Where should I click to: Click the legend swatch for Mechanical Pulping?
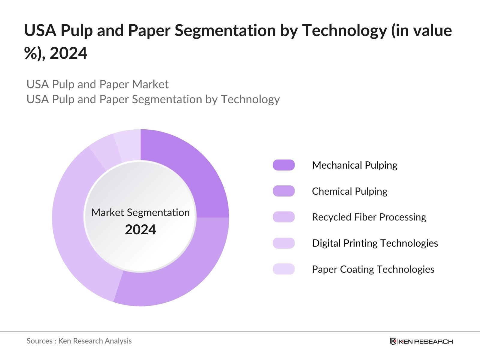pyautogui.click(x=283, y=165)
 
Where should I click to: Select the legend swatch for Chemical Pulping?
pyautogui.click(x=283, y=191)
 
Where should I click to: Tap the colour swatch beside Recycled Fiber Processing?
pyautogui.click(x=283, y=217)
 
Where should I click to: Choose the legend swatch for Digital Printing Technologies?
pyautogui.click(x=283, y=243)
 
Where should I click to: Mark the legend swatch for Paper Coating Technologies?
pyautogui.click(x=283, y=269)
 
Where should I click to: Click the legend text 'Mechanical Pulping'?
pyautogui.click(x=355, y=165)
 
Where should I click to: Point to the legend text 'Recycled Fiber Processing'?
pyautogui.click(x=369, y=217)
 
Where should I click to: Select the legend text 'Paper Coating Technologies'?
pyautogui.click(x=373, y=269)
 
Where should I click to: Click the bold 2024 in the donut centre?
pyautogui.click(x=140, y=230)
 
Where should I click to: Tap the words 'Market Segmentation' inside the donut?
pyautogui.click(x=140, y=212)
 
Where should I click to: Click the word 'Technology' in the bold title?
pyautogui.click(x=344, y=31)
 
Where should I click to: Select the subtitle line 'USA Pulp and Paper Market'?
pyautogui.click(x=97, y=84)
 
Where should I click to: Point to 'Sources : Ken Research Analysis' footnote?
pyautogui.click(x=79, y=341)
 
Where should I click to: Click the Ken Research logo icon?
pyautogui.click(x=393, y=341)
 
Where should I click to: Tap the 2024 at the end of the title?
pyautogui.click(x=68, y=53)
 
